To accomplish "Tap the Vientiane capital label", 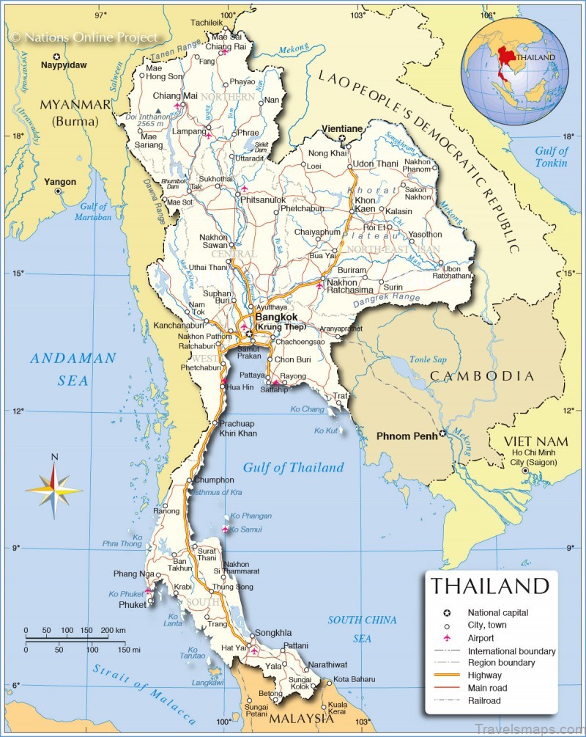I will coord(342,129).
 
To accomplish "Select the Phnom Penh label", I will coord(407,436).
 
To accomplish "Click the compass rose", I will coord(54,485).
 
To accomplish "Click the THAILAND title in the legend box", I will coord(489,586).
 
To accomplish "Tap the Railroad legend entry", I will coord(484,700).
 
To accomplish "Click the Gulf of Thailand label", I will coord(293,468).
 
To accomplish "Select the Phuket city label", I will coord(133,605).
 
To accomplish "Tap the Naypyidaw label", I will coord(64,65).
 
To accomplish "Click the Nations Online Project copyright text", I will coord(84,37).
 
